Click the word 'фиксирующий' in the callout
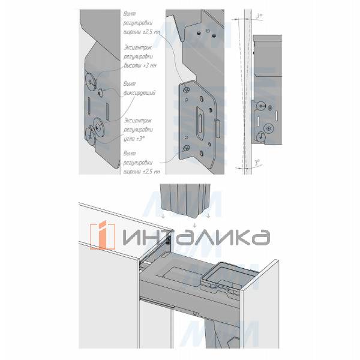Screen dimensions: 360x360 point(139,94)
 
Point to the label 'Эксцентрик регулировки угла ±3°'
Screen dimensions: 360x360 point(140,129)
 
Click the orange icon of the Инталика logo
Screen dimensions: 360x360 point(103,236)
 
